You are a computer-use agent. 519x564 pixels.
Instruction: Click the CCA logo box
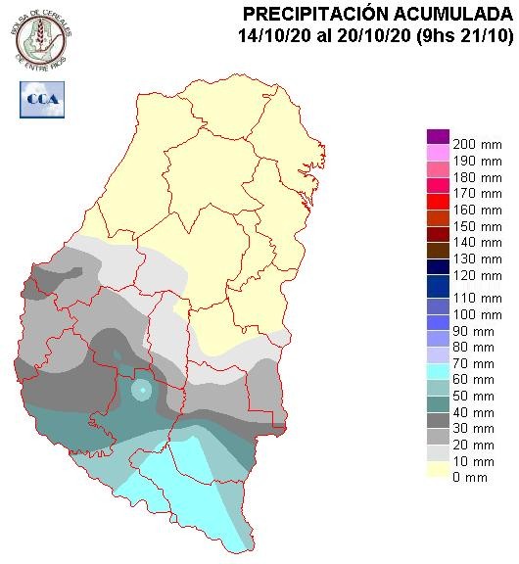39,98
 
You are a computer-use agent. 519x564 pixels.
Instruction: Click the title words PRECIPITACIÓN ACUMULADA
377,14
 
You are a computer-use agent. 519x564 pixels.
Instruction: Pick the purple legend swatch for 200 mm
438,137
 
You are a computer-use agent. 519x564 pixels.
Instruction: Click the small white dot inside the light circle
142,391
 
